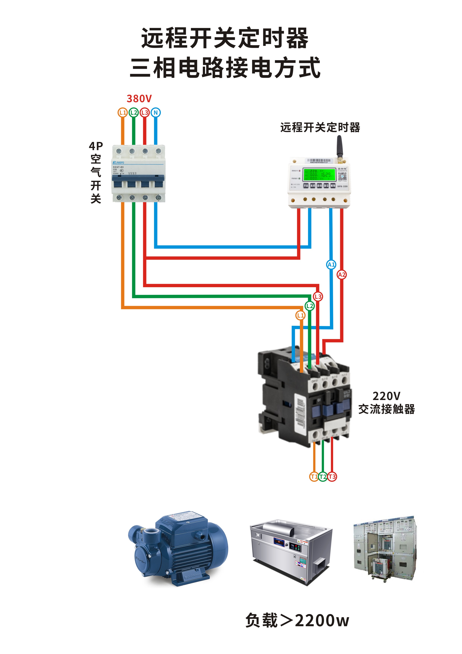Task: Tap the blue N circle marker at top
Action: click(x=156, y=112)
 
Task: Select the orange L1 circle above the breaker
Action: click(x=123, y=112)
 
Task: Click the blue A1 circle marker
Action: click(x=331, y=265)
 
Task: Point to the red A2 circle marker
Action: click(x=342, y=275)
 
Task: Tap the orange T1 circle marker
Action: click(x=314, y=476)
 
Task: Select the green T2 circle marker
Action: click(x=323, y=476)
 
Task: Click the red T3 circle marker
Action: click(x=332, y=476)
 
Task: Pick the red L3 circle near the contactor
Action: click(x=318, y=297)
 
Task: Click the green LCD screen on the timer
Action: click(x=319, y=175)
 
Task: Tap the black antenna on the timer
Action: click(x=339, y=147)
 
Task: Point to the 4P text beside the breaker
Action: click(x=96, y=146)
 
